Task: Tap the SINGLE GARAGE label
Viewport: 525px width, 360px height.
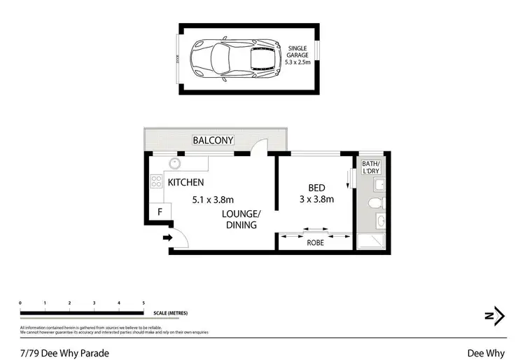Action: pos(301,54)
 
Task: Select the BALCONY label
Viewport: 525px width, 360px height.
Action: pos(213,140)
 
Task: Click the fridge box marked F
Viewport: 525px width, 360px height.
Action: pos(160,211)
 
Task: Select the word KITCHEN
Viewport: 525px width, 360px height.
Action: pos(186,183)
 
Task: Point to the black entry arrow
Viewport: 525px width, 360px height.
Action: pos(167,238)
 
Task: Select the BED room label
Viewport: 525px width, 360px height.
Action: pos(317,187)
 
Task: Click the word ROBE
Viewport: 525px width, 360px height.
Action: pos(315,244)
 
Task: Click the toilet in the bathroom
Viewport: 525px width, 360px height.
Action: pos(374,203)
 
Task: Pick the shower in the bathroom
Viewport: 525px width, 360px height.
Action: pos(372,242)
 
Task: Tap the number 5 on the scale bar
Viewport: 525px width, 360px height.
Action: pos(143,303)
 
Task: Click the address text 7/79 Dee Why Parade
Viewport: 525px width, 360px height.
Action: pos(64,353)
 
